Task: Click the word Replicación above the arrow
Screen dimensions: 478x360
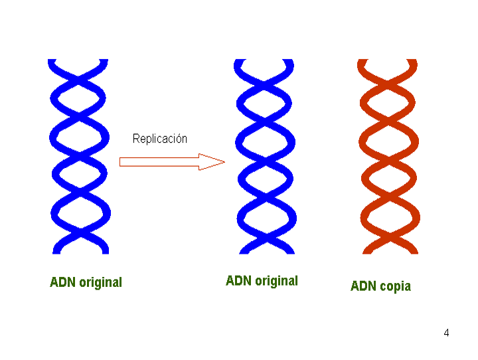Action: tap(160, 139)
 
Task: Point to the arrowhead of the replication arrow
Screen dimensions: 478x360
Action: tap(212, 161)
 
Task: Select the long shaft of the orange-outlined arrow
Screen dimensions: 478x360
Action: tap(159, 161)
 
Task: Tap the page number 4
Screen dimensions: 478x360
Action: tap(446, 333)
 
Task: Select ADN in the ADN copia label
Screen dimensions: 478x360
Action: tap(363, 286)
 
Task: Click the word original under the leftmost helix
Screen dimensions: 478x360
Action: tap(101, 282)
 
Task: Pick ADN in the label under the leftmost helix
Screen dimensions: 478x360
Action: tap(62, 282)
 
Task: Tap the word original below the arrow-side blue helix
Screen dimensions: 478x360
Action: tap(276, 281)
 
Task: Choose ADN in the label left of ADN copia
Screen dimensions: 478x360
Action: tap(238, 281)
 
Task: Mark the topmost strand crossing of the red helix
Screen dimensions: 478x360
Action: tap(387, 81)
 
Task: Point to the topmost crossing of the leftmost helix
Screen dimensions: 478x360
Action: tap(78, 76)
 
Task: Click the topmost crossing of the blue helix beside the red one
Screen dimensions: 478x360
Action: tap(264, 81)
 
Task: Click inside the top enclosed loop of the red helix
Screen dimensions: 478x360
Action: tap(388, 103)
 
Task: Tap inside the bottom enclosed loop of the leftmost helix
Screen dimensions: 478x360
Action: tap(80, 213)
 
